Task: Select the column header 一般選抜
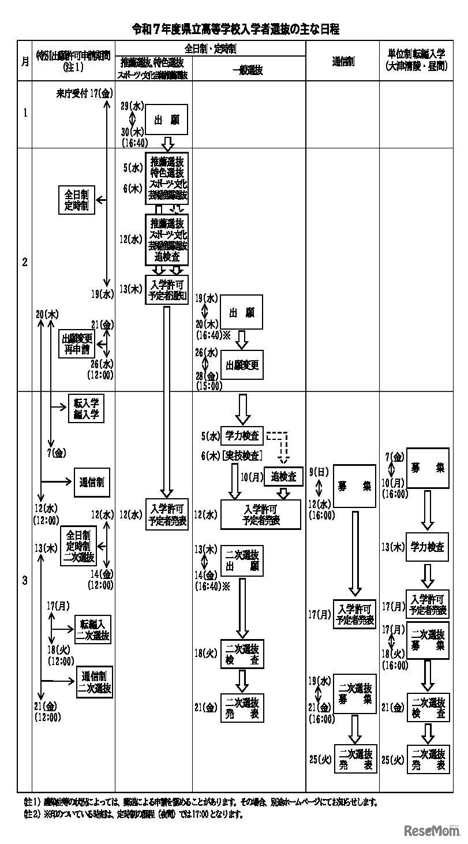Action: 248,70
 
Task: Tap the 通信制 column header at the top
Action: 343,61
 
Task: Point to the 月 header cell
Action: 25,61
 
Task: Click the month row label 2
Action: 25,262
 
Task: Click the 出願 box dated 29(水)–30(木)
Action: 167,120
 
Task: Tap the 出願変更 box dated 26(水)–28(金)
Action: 242,365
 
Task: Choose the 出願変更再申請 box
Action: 76,343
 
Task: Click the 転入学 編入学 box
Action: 86,408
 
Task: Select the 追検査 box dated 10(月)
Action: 283,476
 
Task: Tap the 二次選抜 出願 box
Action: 242,560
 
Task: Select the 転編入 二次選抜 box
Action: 93,629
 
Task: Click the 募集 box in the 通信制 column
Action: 354,486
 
